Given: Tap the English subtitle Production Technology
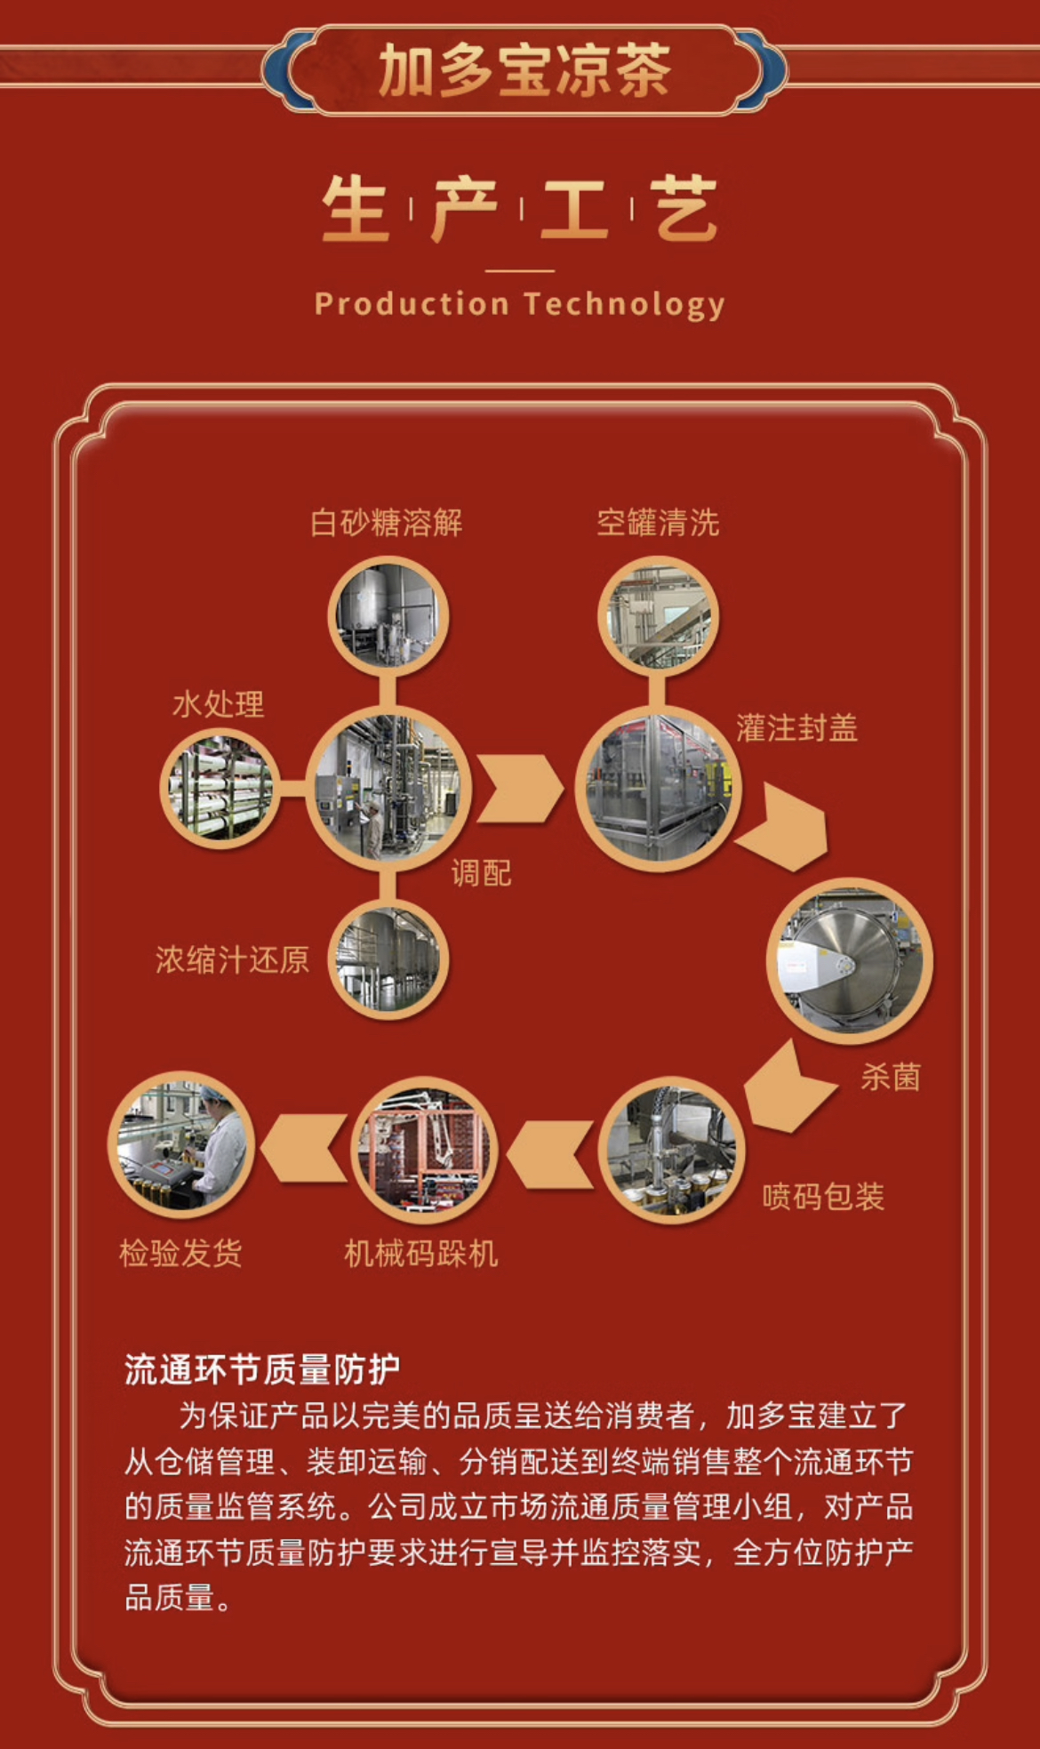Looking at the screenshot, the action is pos(520,304).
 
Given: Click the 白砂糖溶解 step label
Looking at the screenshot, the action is pos(387,523).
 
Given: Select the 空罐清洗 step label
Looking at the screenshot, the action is pos(658,523).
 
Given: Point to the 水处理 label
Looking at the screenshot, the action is pos(219,705).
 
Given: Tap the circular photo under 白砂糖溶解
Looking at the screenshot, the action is pos(388,615).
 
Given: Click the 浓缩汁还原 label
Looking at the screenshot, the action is pos(232,959).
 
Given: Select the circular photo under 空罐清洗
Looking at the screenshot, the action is pos(658,615).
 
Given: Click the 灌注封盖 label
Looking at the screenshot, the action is pos(796,728).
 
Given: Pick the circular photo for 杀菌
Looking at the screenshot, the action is pos(849,960).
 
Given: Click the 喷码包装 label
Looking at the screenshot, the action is pos(823,1197).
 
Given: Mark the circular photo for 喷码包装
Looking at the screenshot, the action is pos(672,1151).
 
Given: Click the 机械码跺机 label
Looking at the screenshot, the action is pos(421,1254).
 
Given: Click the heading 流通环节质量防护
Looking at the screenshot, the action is pos(262,1370).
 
